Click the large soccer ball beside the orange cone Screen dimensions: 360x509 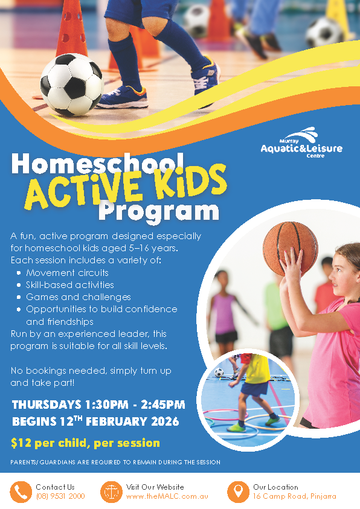pos(72,85)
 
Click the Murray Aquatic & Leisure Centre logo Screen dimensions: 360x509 pos(301,142)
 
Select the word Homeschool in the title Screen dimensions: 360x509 pos(98,164)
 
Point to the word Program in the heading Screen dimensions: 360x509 pos(159,211)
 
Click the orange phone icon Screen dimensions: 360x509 pos(21,492)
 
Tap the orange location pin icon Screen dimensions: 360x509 pos(238,492)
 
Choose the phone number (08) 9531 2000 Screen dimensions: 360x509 pos(60,496)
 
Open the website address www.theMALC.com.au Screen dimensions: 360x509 pos(167,496)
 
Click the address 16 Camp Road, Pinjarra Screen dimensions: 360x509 pos(295,496)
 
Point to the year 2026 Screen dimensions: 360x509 pos(166,421)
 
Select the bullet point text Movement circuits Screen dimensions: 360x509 pos(67,273)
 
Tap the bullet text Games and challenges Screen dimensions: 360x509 pos(79,297)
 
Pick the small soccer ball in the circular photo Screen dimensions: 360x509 pos(219,373)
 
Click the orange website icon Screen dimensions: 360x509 pos(111,492)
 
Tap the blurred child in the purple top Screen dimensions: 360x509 pos(224,312)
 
